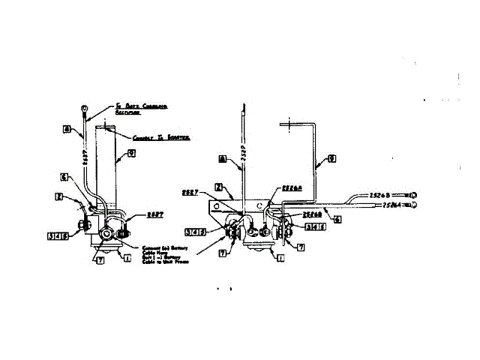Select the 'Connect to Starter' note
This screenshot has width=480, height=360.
pos(160,138)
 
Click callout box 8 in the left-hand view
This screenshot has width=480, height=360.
pos(66,128)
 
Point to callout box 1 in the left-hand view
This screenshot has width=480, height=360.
pos(127,257)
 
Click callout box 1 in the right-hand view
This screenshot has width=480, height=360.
pos(280,257)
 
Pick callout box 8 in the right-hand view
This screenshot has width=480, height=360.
pos(223,158)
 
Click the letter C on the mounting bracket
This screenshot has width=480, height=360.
pos(260,203)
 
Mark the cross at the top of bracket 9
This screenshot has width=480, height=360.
pos(285,127)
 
